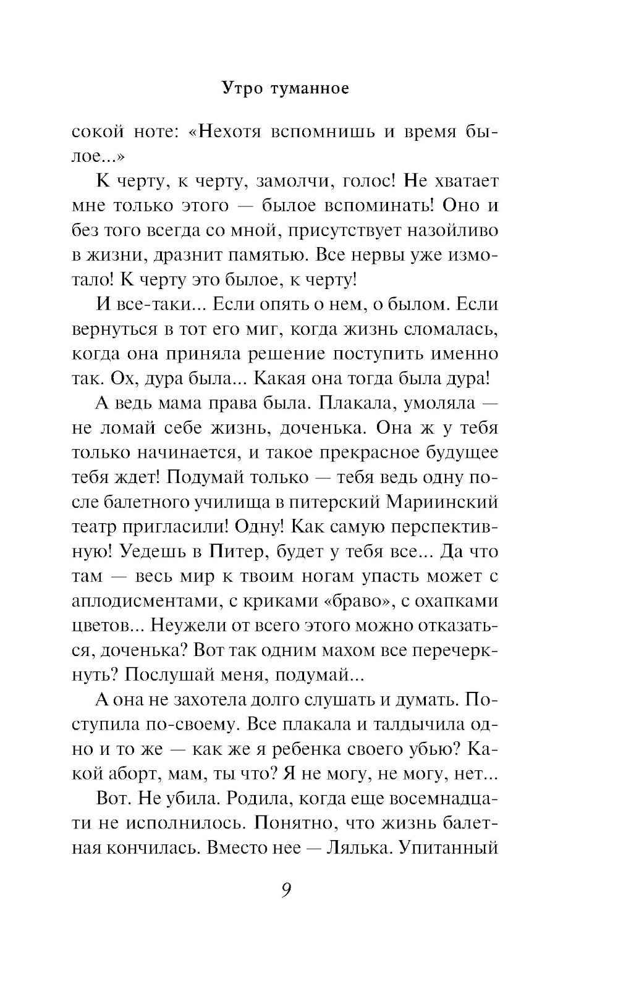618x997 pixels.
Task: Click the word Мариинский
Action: pos(442,502)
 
